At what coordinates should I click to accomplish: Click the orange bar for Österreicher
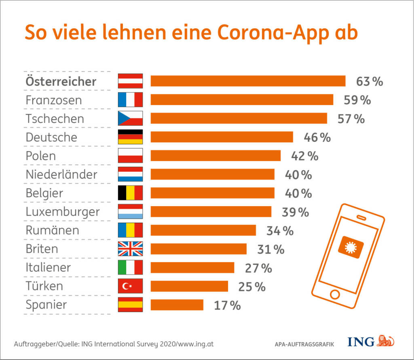coord(248,81)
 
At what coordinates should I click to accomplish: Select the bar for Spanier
coord(177,305)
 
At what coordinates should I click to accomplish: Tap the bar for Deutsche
coord(222,137)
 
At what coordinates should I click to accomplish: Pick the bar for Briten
coord(199,249)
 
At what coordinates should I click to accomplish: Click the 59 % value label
coord(357,100)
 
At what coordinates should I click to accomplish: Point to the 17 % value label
coord(227,305)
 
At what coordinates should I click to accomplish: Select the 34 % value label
coord(280,231)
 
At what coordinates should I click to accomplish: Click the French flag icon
coord(130,100)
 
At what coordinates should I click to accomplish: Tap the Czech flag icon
coord(130,118)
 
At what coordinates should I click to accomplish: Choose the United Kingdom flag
coord(130,249)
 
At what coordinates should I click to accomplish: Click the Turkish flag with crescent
coord(130,286)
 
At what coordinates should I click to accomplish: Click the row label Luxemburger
coord(63,212)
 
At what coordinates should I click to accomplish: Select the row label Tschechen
coord(55,119)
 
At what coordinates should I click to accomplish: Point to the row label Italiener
coord(48,267)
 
